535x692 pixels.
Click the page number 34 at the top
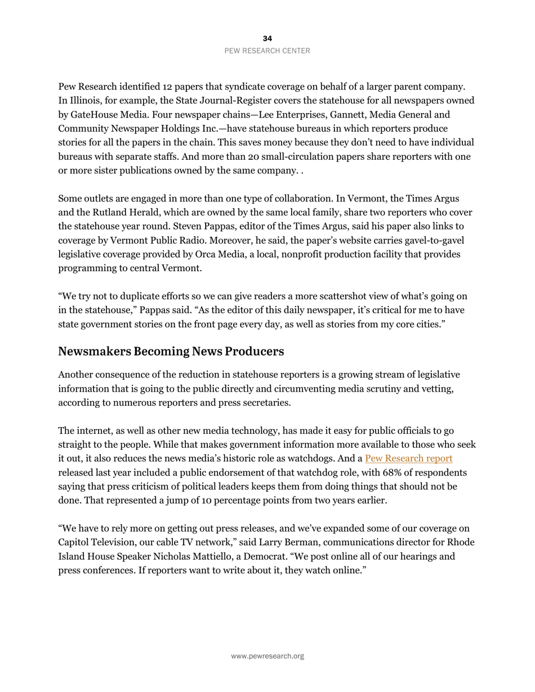coord(267,38)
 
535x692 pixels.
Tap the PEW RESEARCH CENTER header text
coord(267,51)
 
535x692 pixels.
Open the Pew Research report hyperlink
coord(408,459)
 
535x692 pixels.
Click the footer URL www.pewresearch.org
coord(267,656)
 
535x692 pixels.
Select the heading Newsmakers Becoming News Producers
coord(171,352)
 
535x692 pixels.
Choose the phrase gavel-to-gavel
coord(434,241)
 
